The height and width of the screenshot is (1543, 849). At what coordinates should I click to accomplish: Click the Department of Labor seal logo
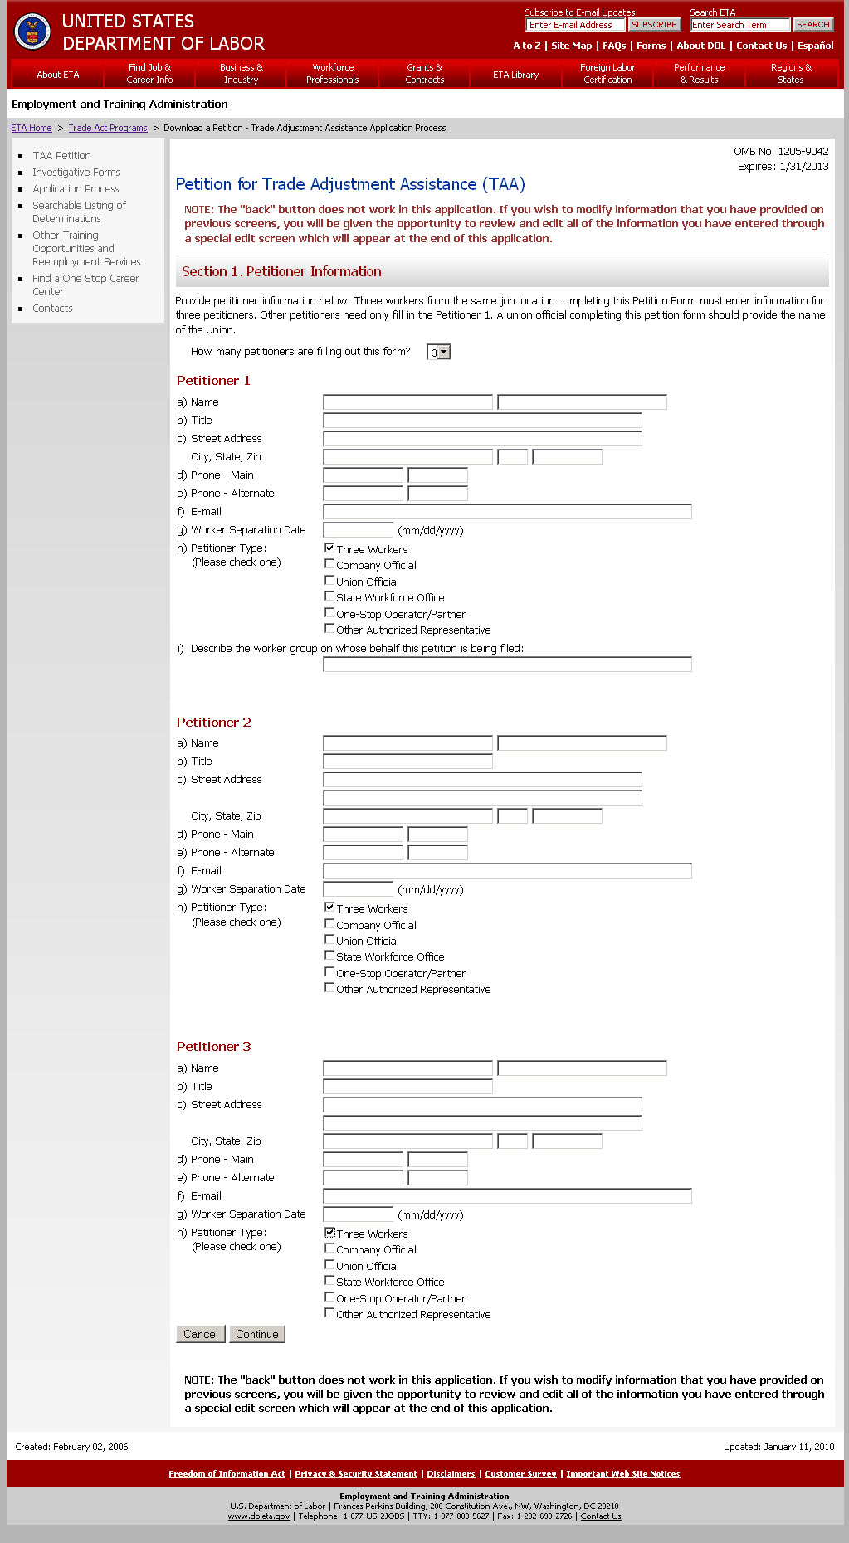coord(32,32)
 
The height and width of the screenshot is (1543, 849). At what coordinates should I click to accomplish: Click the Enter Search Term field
coord(739,25)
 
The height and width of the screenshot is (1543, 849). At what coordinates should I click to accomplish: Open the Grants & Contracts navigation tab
coord(424,74)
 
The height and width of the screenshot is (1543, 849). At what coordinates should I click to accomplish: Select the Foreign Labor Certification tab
coord(607,74)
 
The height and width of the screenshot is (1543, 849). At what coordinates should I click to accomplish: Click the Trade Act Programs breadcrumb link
coord(108,129)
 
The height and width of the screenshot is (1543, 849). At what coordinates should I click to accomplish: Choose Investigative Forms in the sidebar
coord(76,173)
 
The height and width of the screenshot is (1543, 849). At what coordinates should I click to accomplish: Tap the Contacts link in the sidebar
coord(52,309)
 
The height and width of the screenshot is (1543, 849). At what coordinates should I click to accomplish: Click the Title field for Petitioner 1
coord(482,421)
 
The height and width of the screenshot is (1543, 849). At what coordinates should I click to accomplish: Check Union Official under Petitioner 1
coord(329,581)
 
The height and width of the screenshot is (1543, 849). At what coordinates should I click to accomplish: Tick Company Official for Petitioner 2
coord(329,924)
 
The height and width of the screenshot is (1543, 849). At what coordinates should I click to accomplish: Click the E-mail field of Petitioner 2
coord(507,871)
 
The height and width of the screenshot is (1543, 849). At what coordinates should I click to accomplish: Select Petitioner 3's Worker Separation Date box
coord(358,1214)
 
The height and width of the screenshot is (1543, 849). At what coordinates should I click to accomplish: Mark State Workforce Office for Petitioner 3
coord(329,1281)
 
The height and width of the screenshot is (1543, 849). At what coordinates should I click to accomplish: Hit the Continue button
coord(257,1334)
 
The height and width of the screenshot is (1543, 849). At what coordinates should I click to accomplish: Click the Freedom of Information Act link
coord(227,1474)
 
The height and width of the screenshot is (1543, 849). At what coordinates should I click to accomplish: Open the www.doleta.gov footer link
coord(259,1516)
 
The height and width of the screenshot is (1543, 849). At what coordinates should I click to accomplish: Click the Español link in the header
coord(815,46)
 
